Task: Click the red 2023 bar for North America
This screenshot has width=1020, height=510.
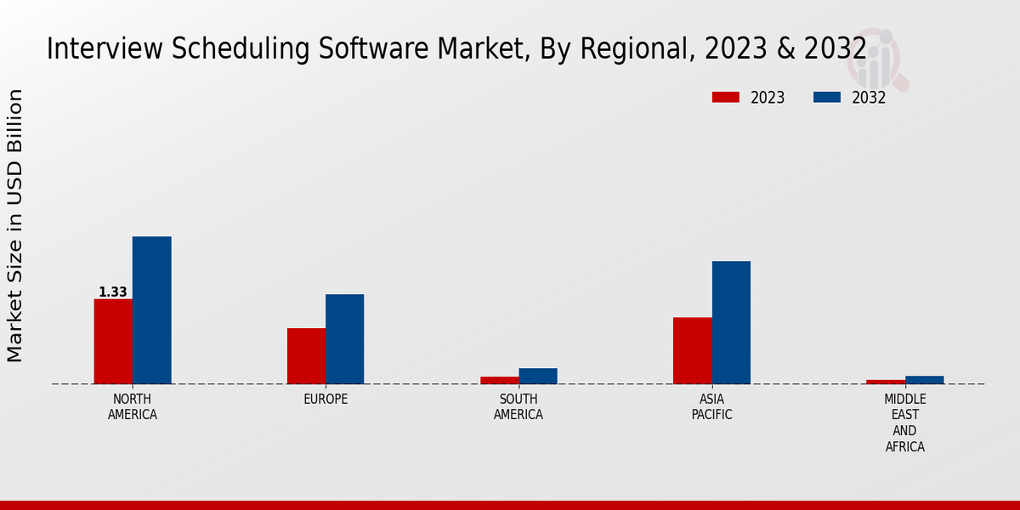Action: pos(113,341)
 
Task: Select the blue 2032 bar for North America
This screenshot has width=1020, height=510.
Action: pos(151,310)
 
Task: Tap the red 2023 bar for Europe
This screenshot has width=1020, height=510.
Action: pos(306,355)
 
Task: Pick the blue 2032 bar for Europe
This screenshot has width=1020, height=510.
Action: pos(344,338)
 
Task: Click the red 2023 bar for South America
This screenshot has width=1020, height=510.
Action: pos(499,380)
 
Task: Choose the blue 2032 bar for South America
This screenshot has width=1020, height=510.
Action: pos(538,376)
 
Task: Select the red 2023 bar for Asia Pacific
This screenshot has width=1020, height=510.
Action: pos(692,350)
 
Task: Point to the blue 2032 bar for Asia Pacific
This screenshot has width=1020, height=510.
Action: pos(731,322)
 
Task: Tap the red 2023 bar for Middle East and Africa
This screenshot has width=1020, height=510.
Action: pos(886,382)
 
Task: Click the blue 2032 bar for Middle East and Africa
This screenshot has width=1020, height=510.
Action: pos(924,380)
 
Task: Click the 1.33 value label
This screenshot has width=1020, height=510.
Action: pos(112,292)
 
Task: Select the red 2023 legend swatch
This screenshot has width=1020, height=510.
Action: pos(725,98)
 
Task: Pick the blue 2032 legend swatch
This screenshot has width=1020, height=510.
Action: pos(826,98)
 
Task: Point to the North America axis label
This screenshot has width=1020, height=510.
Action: pos(133,407)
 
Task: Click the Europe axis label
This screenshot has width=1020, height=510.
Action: pos(326,399)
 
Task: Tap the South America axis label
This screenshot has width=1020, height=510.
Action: pos(518,407)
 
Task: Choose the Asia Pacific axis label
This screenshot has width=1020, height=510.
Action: pos(711,407)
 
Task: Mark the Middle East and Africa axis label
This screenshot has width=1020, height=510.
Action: pos(905,422)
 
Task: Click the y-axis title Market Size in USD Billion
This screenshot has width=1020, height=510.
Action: pos(15,225)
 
